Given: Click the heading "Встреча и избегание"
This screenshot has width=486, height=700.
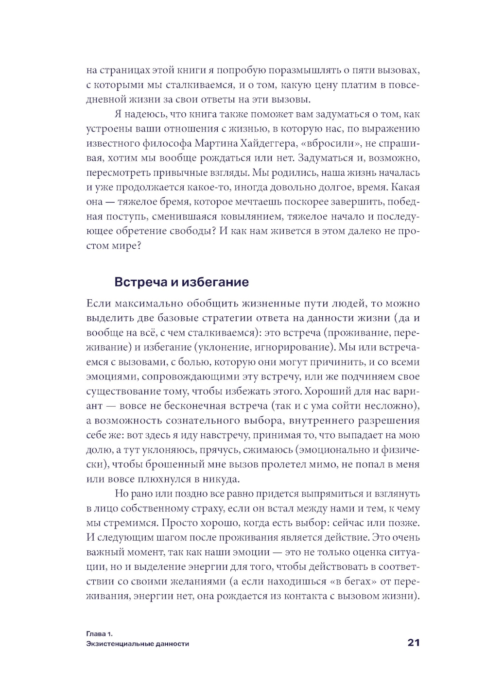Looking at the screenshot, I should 181,282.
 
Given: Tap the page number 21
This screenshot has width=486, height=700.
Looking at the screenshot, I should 413,643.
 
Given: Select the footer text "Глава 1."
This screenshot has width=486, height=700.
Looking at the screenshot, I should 99,634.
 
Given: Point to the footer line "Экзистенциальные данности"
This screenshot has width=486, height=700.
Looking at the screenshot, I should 138,644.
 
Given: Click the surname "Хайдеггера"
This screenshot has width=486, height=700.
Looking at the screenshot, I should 266,143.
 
